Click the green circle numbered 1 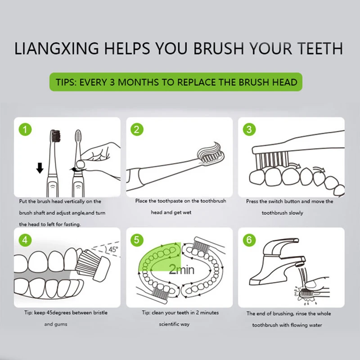tap(25, 129)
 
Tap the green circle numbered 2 tap(137, 129)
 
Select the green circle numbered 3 tap(249, 129)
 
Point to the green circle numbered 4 tap(25, 240)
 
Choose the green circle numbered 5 tap(137, 240)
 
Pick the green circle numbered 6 tap(249, 240)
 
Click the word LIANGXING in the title tap(57, 49)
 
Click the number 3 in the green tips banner tap(112, 82)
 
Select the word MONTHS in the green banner tap(138, 82)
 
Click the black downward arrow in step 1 tap(40, 168)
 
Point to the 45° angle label tap(113, 249)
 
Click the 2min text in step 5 tap(181, 269)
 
